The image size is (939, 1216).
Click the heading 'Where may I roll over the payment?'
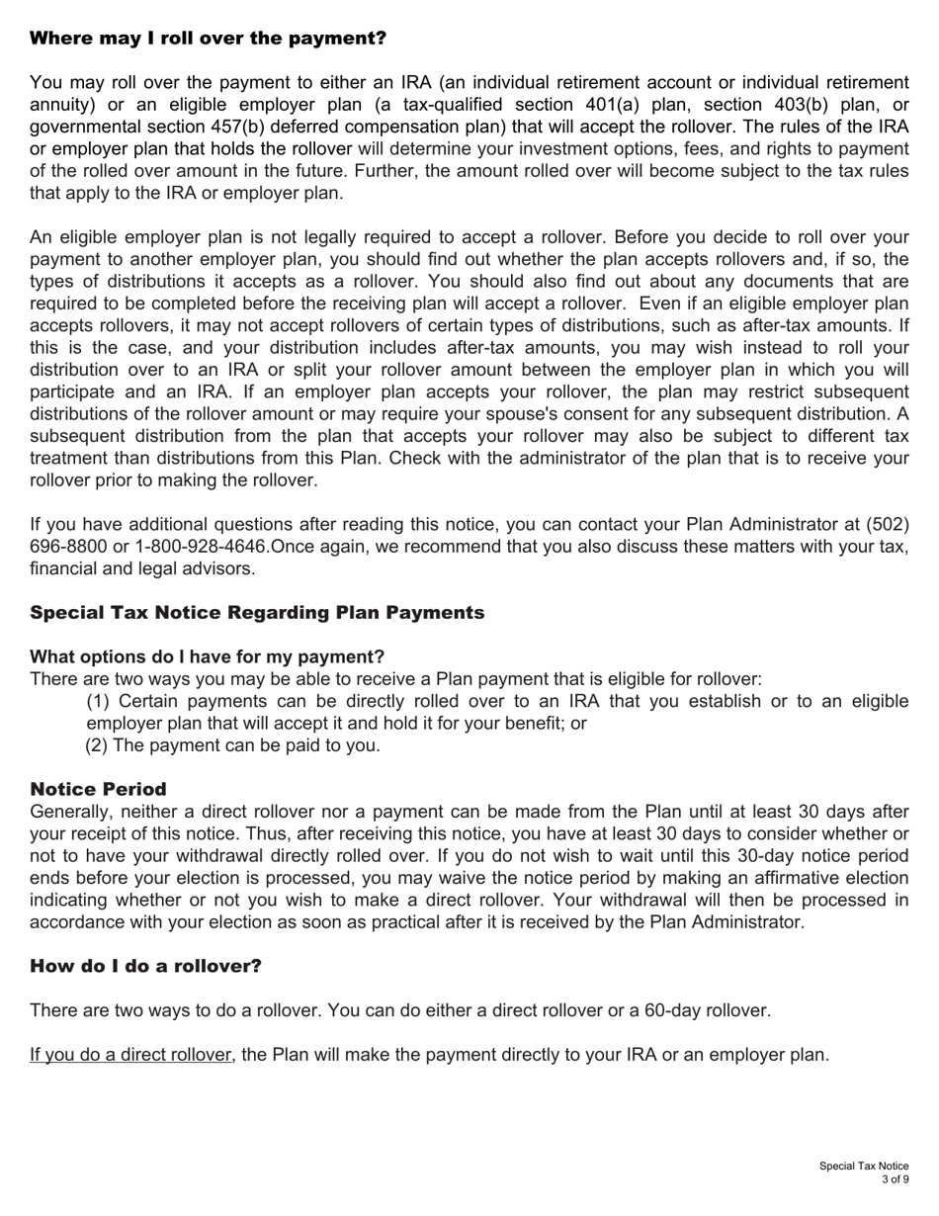click(208, 39)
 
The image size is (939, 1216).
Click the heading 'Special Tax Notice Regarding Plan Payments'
click(257, 613)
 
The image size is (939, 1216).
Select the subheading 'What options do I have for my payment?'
click(207, 656)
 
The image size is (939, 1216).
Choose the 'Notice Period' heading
click(98, 789)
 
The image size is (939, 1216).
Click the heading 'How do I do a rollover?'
click(145, 966)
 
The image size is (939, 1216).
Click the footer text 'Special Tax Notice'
click(863, 1167)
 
